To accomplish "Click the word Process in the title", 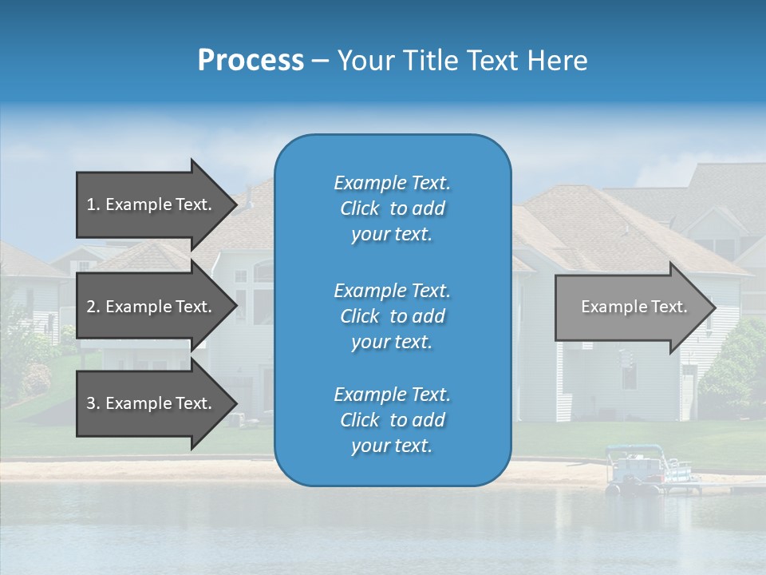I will pyautogui.click(x=251, y=61).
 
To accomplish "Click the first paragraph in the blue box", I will pyautogui.click(x=392, y=208).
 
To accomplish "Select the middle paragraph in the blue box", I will pyautogui.click(x=392, y=315).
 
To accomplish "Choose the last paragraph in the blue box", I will pyautogui.click(x=392, y=420).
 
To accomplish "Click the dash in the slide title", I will pyautogui.click(x=320, y=61).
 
